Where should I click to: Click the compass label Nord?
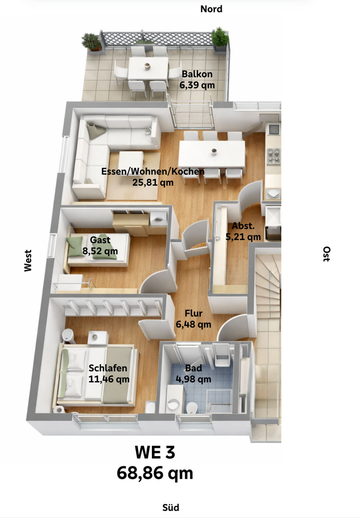211,9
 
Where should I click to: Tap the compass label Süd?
170,507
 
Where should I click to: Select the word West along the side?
28,260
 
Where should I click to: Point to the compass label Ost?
326,254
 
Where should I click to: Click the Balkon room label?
197,74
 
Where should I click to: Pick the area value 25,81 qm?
153,183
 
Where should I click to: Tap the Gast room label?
100,240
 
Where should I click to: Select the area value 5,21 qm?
243,237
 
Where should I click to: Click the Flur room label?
193,313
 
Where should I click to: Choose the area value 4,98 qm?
193,379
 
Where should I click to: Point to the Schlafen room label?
108,368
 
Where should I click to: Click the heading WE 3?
155,452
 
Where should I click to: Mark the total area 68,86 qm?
155,473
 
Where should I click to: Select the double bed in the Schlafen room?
97,374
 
